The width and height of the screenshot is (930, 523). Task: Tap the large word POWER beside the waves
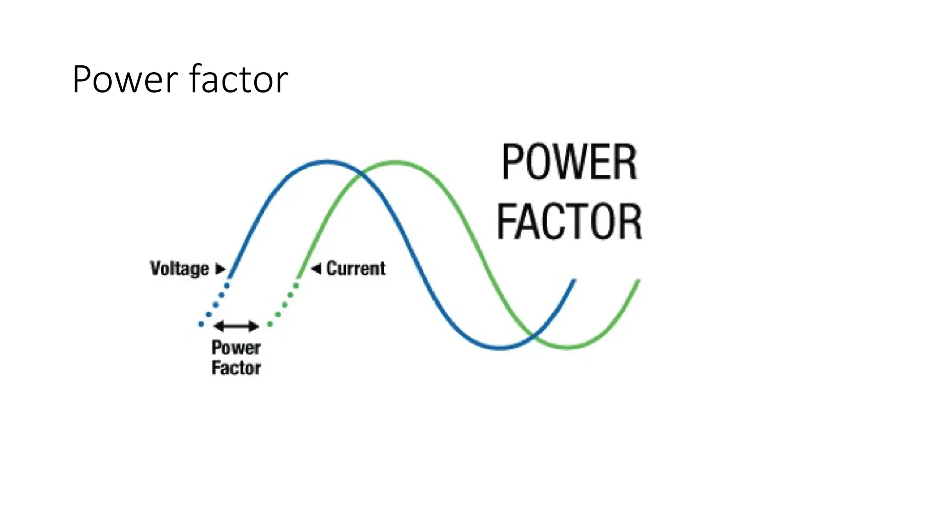569,163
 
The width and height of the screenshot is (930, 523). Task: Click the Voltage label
180,268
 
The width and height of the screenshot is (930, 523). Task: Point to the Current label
356,268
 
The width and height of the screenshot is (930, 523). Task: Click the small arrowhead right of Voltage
220,268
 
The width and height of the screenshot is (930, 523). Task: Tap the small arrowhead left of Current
316,268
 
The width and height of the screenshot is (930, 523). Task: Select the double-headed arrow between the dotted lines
236,326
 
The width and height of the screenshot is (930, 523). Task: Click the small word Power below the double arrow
236,348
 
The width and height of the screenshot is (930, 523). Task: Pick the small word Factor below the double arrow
236,368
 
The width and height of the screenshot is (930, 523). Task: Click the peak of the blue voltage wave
326,162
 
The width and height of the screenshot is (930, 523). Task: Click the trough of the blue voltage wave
500,348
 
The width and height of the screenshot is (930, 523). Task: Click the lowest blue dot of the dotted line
201,324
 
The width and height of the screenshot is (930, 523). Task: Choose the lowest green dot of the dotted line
270,324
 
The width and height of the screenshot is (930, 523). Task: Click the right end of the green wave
638,281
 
